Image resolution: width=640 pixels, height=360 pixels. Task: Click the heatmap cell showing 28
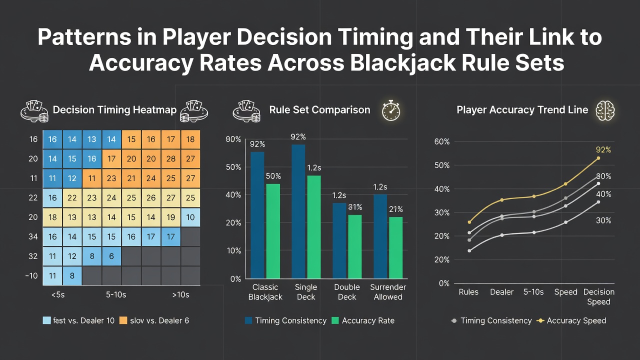click(171, 159)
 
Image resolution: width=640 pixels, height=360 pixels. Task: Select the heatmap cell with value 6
click(111, 256)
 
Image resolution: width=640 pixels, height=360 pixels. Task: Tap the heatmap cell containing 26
click(151, 197)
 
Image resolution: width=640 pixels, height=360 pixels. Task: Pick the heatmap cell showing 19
click(171, 217)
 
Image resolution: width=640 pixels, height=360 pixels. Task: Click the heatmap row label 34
click(33, 237)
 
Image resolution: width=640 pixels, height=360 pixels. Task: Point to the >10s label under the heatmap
click(181, 295)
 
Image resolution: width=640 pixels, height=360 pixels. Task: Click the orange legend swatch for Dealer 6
click(123, 320)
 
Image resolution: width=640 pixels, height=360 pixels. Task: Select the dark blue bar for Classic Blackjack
click(257, 215)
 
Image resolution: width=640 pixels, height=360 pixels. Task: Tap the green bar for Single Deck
click(314, 227)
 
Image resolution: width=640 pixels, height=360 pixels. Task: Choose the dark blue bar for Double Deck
click(339, 241)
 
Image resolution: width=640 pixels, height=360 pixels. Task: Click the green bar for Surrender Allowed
click(396, 247)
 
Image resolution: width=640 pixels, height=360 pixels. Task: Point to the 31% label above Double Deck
click(355, 207)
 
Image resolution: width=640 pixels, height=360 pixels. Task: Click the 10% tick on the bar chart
click(233, 251)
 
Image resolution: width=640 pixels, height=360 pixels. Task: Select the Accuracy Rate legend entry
click(363, 320)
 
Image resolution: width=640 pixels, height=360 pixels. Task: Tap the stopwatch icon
click(391, 110)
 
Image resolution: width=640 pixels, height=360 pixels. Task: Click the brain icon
click(605, 110)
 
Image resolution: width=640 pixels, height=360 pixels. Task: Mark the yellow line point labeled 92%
click(598, 158)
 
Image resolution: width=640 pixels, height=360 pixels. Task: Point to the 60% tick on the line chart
click(442, 141)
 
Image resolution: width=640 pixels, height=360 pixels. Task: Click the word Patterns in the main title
click(84, 37)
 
